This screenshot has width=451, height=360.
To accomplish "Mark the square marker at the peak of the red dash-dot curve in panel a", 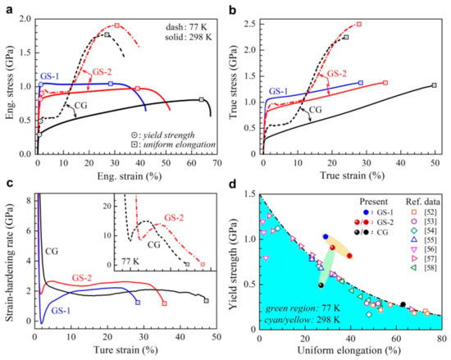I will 117,25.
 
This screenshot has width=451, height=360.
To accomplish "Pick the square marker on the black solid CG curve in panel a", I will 201,100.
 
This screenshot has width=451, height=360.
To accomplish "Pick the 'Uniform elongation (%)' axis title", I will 351,350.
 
